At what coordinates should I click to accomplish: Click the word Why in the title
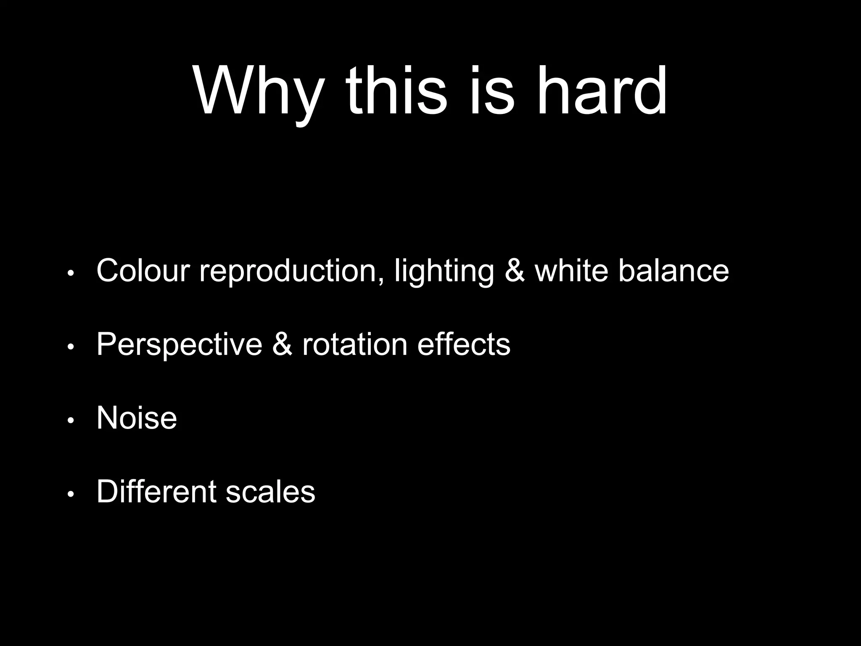tap(259, 90)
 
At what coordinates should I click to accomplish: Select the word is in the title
tap(491, 90)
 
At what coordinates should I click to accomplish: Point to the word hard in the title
tap(602, 90)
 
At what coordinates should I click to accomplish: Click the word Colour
tap(143, 270)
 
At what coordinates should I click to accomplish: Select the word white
tap(571, 270)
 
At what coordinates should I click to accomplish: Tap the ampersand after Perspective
tap(282, 344)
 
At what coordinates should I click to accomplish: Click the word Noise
tap(137, 418)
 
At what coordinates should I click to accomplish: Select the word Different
tap(156, 491)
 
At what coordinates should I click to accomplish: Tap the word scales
tap(270, 491)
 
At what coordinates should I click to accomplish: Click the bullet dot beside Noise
tap(71, 421)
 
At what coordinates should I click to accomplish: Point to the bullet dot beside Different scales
tap(71, 494)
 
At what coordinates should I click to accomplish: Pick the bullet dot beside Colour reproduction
tap(71, 273)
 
